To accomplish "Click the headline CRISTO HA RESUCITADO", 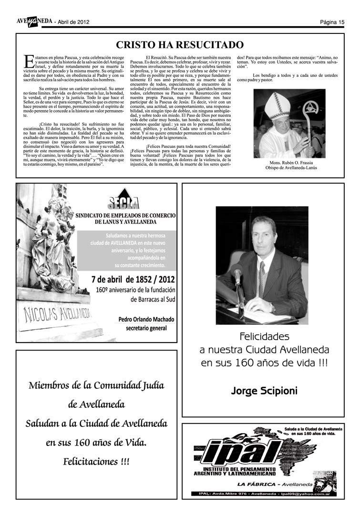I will tap(180, 45).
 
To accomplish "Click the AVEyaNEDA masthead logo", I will tap(33, 21).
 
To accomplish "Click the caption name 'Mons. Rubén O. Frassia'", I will tap(291, 163).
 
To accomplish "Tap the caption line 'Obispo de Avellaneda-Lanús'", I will tap(291, 168).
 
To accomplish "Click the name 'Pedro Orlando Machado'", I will tap(146, 319).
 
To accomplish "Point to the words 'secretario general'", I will tap(146, 328).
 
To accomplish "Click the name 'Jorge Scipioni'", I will tap(264, 391).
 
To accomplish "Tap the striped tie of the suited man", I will tap(261, 279).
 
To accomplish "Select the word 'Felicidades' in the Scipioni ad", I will tap(264, 336).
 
